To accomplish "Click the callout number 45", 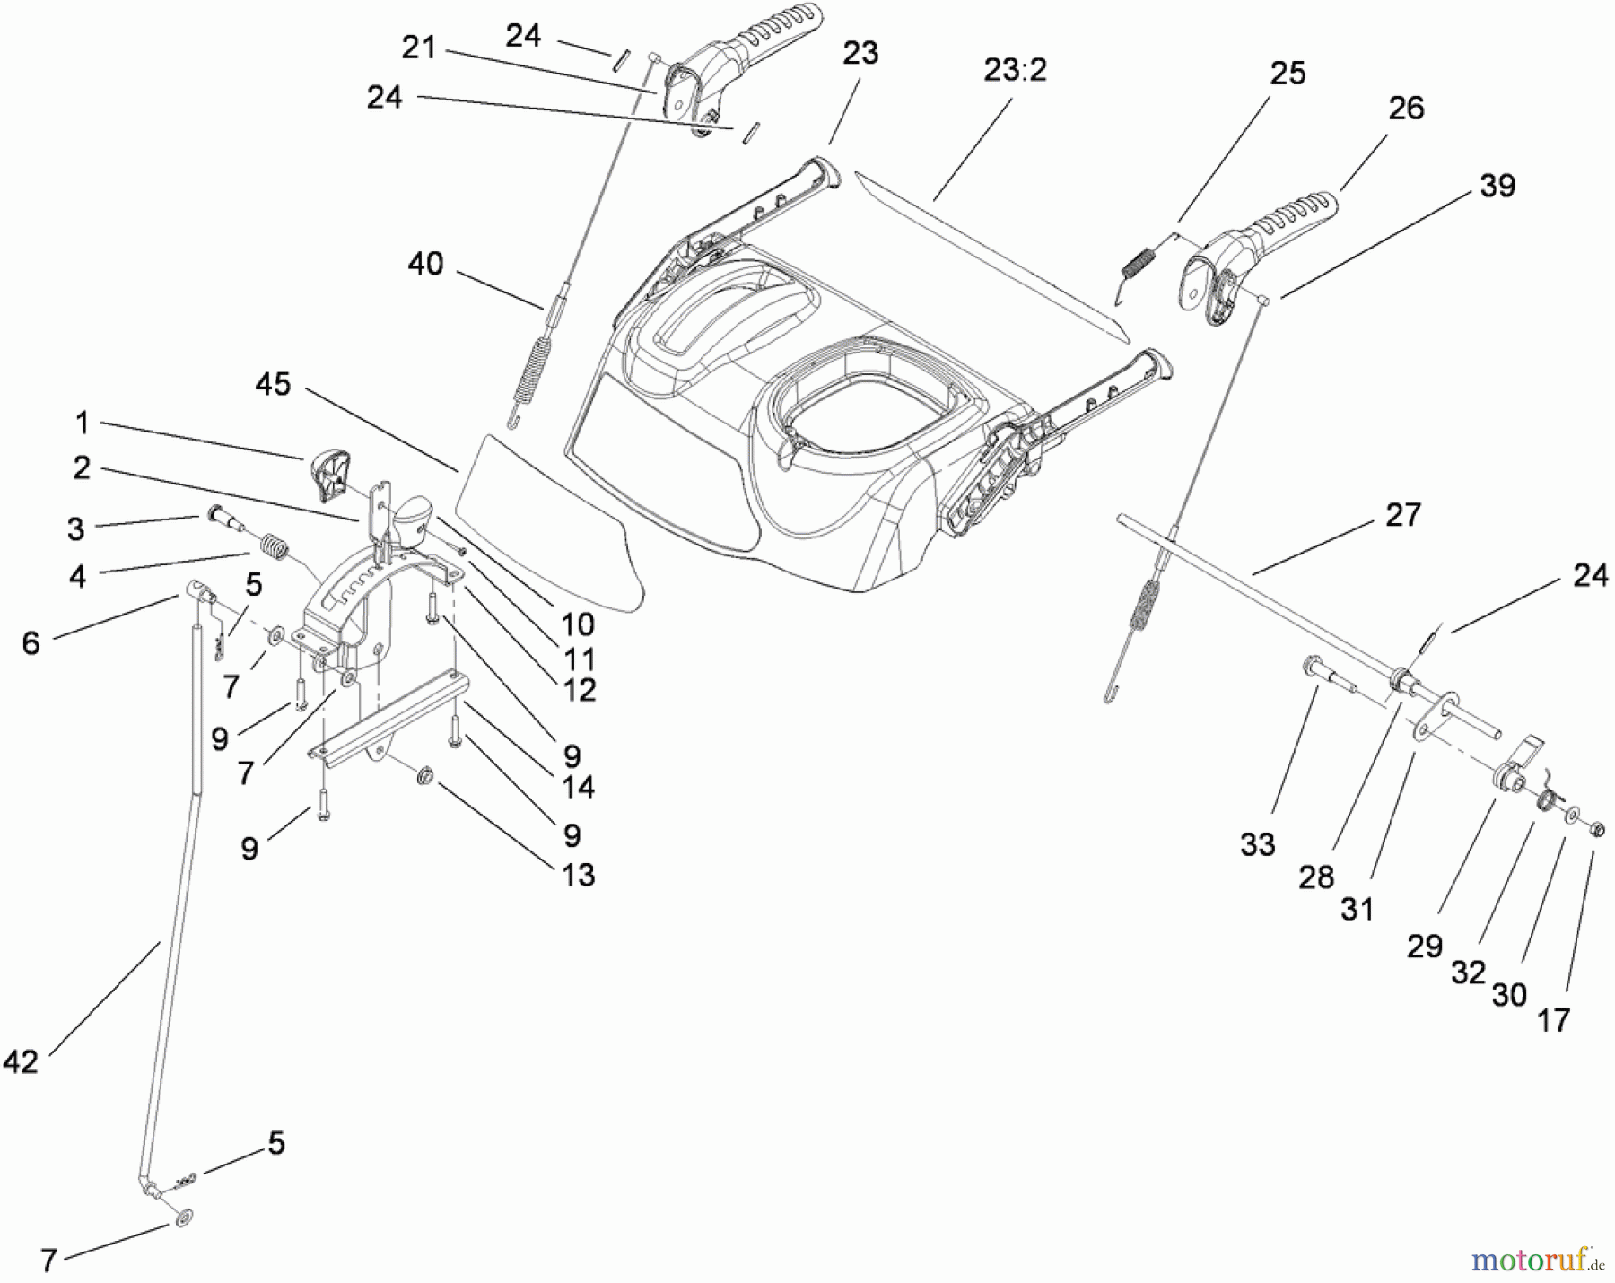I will [273, 384].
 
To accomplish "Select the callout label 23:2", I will [1015, 70].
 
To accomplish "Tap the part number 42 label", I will [21, 1062].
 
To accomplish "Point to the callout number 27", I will [1403, 515].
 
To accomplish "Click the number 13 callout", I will [579, 875].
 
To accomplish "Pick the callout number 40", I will [425, 264].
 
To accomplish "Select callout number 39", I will [1497, 186].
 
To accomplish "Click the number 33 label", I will [1257, 844].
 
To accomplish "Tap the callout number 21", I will [418, 48].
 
